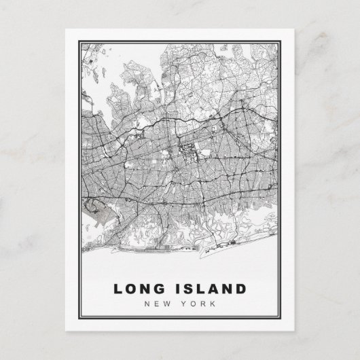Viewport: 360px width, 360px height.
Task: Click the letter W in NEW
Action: tap(169, 303)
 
